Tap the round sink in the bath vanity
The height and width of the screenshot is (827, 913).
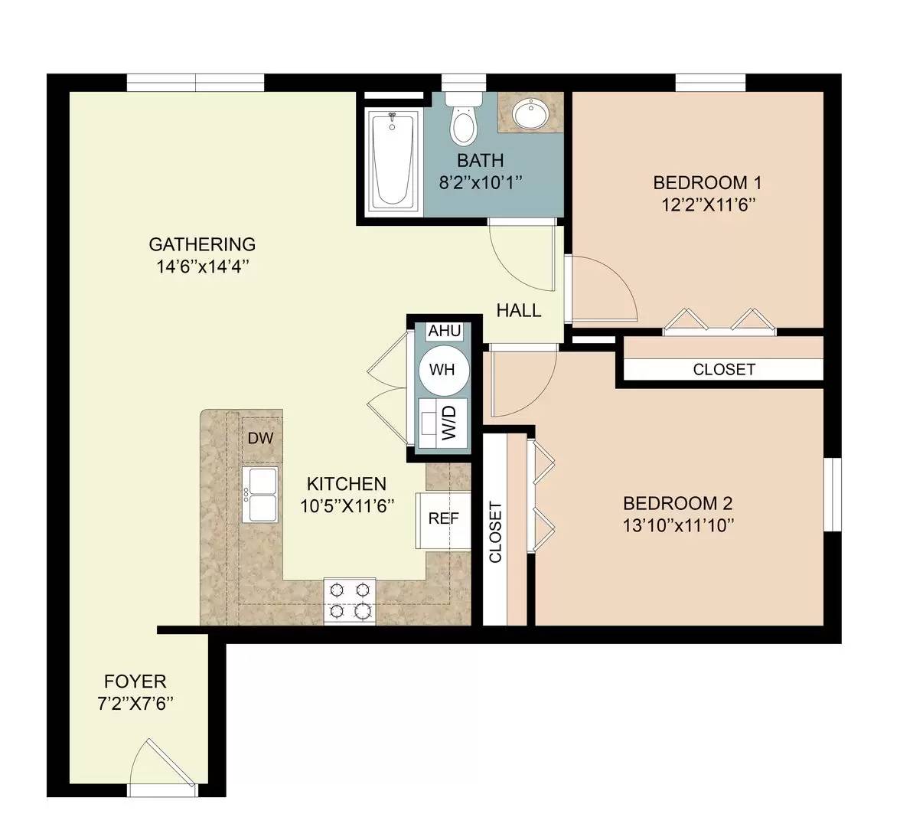tap(529, 115)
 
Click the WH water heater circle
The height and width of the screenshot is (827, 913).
tap(442, 370)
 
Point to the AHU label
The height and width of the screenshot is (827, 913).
tap(444, 331)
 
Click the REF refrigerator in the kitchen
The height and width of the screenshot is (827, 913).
tap(443, 518)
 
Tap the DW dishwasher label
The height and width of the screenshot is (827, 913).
tap(260, 438)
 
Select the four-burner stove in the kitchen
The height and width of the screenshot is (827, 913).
tap(351, 600)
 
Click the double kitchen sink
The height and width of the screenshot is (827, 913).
tap(260, 495)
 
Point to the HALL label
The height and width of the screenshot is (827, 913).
tap(518, 311)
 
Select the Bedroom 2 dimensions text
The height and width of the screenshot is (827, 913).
tap(678, 525)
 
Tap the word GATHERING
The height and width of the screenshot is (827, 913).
tap(202, 245)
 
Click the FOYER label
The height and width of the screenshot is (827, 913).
tap(135, 682)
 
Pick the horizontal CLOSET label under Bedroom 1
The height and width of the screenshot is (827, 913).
tap(724, 369)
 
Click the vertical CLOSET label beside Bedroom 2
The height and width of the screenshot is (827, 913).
tap(495, 532)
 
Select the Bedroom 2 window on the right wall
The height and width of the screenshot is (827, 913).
tap(832, 494)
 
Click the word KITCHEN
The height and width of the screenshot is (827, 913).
tap(346, 484)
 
